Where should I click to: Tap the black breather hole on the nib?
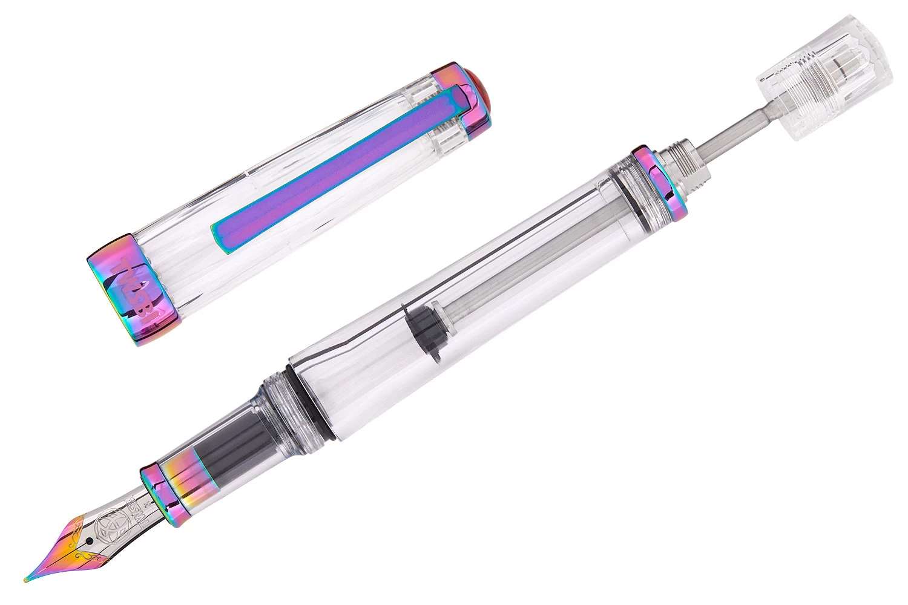91,540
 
